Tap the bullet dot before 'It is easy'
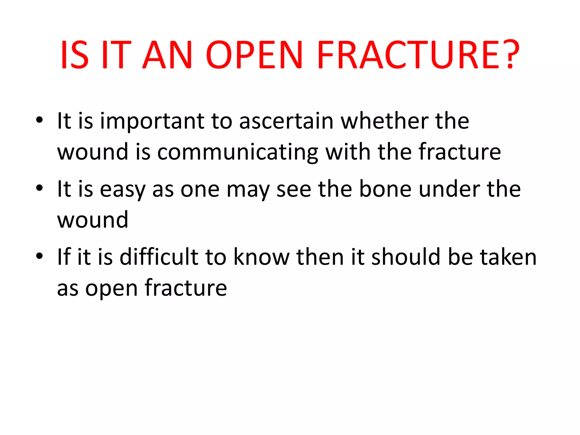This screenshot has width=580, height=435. pos(39,188)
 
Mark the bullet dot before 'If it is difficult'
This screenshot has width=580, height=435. pos(39,256)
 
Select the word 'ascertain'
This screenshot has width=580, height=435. pos(286,121)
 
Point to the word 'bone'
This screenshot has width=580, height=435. pos(385,189)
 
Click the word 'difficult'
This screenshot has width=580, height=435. pos(159,257)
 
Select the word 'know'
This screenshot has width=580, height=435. pos(261,257)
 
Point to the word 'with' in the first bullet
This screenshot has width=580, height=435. pos(348,152)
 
